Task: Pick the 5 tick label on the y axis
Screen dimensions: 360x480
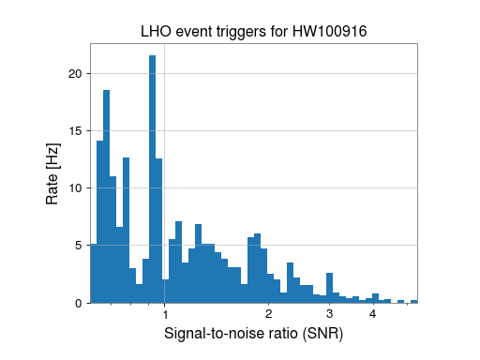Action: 81,246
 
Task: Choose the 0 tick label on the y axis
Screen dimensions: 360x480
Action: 81,303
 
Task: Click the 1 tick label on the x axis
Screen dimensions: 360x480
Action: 165,314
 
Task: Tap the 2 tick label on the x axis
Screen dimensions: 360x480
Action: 269,314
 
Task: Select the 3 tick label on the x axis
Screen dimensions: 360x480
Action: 330,314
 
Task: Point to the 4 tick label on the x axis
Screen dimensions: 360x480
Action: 373,314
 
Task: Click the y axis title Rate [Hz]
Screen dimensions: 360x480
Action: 52,178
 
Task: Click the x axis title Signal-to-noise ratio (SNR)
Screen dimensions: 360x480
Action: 253,334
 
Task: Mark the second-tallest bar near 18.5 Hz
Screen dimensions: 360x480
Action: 107,197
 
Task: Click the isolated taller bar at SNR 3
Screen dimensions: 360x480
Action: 330,288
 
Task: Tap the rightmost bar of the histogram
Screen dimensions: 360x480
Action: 414,301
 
